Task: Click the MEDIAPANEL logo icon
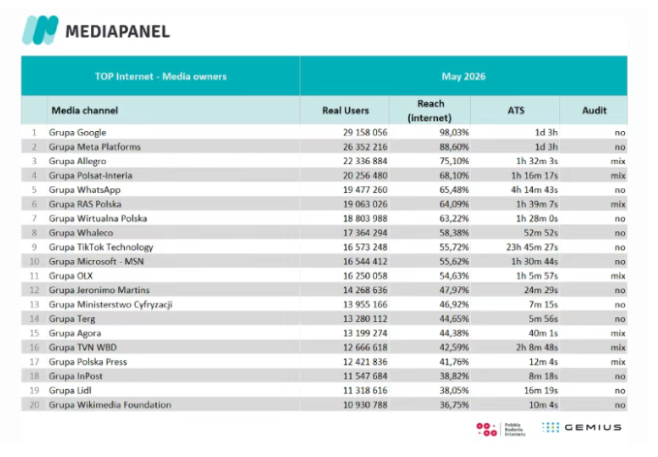(x=41, y=30)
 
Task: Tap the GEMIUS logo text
(x=592, y=427)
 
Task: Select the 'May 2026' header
(x=463, y=76)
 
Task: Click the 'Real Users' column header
(x=345, y=111)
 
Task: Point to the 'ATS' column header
(x=516, y=111)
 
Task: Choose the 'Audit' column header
(x=594, y=111)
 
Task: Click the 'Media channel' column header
(x=84, y=111)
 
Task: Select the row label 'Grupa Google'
(x=78, y=133)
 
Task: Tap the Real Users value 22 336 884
(x=365, y=161)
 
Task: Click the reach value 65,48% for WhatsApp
(x=454, y=190)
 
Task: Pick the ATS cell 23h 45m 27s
(x=532, y=247)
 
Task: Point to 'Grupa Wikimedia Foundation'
(x=110, y=405)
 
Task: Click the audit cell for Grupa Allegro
(x=618, y=161)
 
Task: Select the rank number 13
(x=34, y=305)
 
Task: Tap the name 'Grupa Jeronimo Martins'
(x=99, y=290)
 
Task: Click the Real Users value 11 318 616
(x=365, y=390)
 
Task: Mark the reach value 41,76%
(x=454, y=362)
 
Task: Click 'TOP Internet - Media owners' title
(x=161, y=77)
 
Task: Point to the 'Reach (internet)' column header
(x=430, y=111)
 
